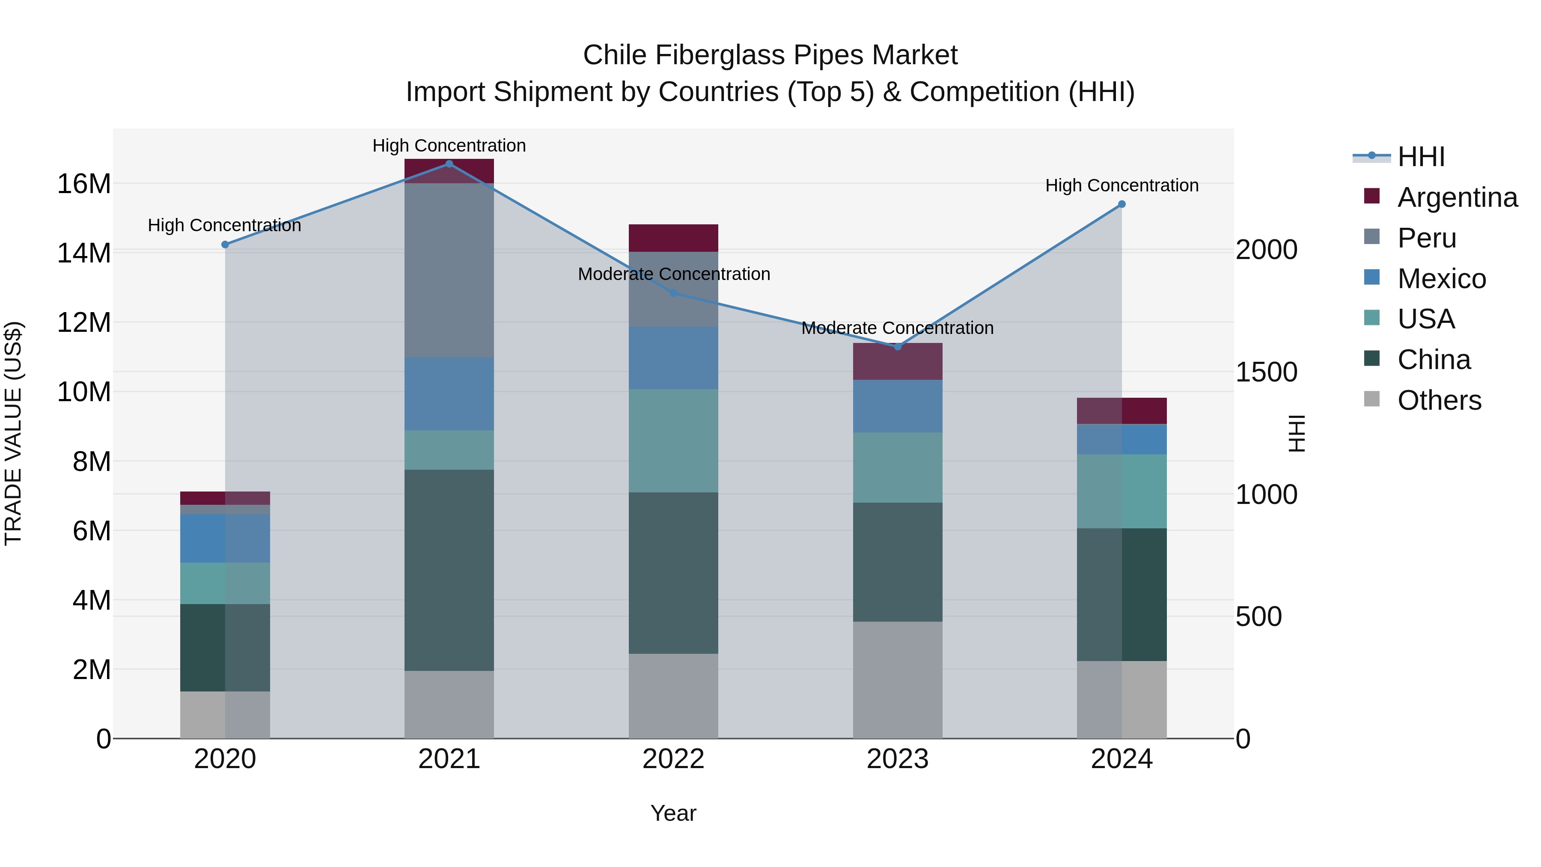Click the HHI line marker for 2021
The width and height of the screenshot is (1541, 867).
449,164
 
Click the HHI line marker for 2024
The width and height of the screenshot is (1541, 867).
1122,205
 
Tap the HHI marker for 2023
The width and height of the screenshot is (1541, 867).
897,346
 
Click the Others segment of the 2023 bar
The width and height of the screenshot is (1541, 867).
897,680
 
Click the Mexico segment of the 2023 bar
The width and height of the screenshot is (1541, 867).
897,406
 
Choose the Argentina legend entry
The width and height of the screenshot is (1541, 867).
1457,197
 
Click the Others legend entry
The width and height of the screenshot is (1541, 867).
1439,400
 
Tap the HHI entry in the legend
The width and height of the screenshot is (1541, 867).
1421,157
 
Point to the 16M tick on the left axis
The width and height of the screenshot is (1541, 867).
84,184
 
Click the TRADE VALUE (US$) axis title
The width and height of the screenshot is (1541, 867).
13,433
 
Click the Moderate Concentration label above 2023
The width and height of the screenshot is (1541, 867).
897,328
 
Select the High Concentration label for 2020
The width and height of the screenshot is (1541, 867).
224,226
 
